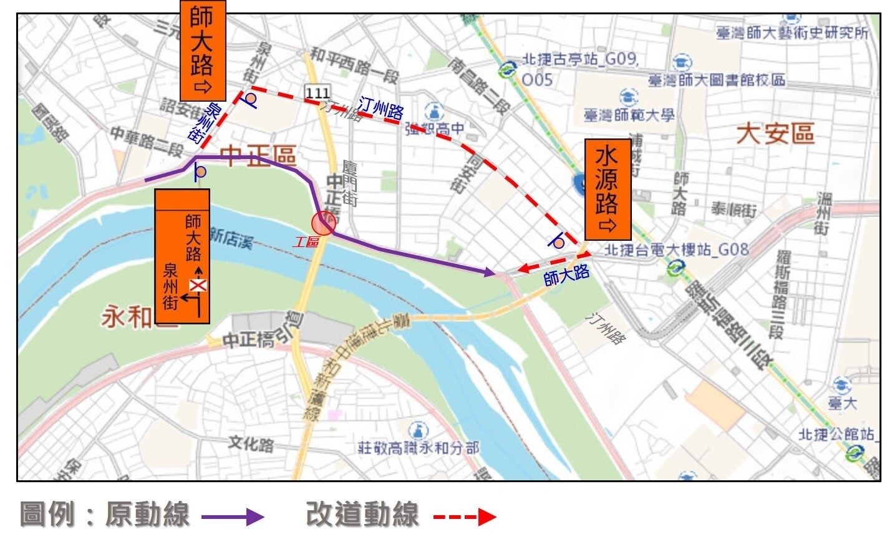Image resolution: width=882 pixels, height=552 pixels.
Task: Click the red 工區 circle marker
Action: pos(324,223)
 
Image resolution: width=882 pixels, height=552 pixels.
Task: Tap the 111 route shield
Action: pos(317,93)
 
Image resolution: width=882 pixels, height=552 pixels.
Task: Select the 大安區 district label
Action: pos(775,133)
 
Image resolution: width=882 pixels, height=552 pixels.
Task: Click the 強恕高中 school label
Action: pos(435,128)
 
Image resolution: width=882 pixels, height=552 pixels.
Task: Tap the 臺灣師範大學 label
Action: pos(629,115)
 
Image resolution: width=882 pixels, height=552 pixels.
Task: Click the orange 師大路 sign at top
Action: pos(202,50)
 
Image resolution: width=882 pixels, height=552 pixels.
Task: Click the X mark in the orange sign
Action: pos(198,286)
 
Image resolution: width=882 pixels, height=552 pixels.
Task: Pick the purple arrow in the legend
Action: pos(232,516)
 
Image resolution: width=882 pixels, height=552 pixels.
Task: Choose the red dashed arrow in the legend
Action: pos(464,516)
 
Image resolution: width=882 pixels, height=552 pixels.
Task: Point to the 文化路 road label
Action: pos(251,444)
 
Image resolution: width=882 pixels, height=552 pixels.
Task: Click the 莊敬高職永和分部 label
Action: pos(418,447)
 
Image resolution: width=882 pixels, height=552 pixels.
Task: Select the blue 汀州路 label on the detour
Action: pos(380,109)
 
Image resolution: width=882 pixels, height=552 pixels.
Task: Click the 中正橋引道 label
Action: pos(261,332)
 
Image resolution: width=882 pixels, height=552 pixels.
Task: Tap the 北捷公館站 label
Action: pos(836,434)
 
